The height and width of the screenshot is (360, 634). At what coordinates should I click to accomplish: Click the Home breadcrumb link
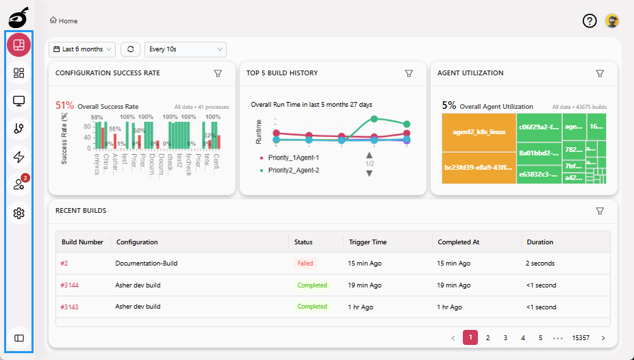point(64,21)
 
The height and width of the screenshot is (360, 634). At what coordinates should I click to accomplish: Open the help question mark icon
point(589,21)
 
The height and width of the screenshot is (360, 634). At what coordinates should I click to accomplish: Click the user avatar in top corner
point(612,21)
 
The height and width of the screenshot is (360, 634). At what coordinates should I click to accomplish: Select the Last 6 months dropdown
point(82,49)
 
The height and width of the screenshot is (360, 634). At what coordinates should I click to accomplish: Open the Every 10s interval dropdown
point(185,49)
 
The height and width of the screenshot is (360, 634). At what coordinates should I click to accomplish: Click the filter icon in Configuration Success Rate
point(218,73)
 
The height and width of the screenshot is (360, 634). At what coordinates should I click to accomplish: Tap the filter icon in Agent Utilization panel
point(600,73)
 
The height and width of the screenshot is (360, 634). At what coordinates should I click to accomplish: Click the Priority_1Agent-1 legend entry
point(293,157)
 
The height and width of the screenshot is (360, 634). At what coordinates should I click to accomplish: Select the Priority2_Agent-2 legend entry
point(293,170)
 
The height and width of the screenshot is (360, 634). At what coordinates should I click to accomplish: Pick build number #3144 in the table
point(69,285)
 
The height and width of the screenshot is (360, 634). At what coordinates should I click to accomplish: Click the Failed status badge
point(305,263)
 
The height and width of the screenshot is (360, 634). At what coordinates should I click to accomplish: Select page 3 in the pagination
point(505,337)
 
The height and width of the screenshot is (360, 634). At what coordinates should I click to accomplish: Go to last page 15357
point(581,337)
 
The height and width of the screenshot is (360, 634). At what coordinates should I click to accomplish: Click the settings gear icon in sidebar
point(19,214)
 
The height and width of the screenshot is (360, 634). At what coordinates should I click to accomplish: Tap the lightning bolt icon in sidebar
point(19,157)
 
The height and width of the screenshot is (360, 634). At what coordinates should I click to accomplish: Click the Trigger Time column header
point(368,242)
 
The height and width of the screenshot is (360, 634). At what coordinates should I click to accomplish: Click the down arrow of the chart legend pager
point(369,173)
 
